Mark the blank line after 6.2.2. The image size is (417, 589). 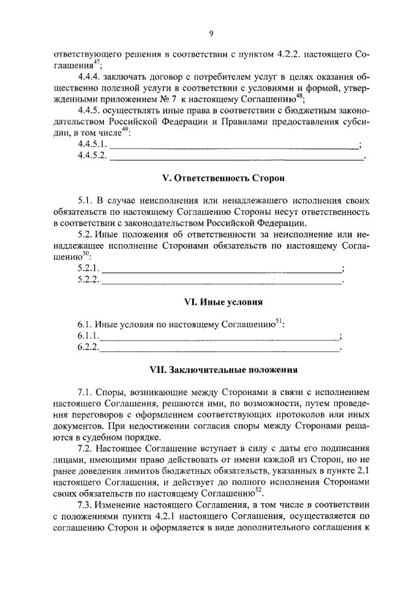point(220,349)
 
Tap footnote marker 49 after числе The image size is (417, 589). point(124,129)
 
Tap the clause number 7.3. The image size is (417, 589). point(85,505)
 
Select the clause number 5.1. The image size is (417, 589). point(85,201)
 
